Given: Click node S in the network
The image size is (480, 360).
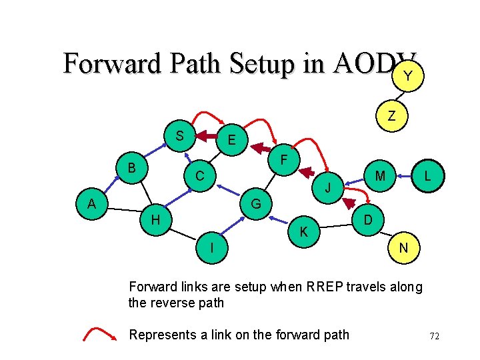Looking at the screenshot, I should tap(179, 137).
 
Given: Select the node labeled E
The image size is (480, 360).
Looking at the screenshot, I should tap(231, 141).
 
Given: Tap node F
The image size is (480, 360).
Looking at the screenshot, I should tap(283, 161).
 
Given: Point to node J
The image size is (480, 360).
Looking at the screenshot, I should tap(328, 188).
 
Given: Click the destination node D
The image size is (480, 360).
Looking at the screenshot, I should tap(368, 220).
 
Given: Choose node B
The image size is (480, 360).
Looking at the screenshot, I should tap(132, 167).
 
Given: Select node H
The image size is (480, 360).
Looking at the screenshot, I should tap(155, 219).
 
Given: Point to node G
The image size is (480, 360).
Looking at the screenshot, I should tap(255, 203).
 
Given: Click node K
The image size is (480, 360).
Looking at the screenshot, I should tap(303, 232).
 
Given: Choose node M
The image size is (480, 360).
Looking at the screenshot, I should tap(381, 176).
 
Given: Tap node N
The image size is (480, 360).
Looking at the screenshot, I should tap(403, 248).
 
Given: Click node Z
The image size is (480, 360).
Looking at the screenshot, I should tap(392, 116).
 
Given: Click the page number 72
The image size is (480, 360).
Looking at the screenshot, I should tap(435, 336).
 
